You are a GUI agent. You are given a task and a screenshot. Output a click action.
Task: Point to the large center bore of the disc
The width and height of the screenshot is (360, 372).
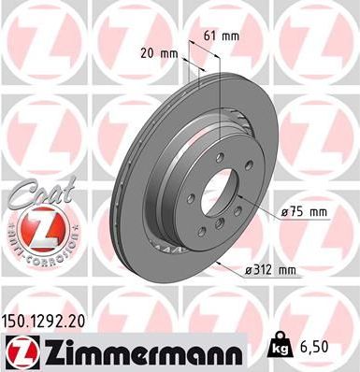(233, 197)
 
